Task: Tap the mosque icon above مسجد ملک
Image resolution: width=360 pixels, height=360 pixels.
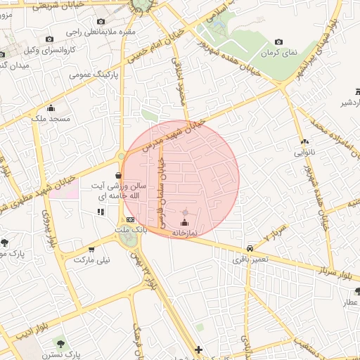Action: click(x=50, y=108)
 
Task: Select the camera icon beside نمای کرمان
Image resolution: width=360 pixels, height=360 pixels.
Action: click(x=279, y=42)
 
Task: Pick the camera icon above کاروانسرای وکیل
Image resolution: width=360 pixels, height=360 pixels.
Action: click(x=49, y=39)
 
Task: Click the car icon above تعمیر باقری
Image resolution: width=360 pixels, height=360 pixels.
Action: click(x=250, y=248)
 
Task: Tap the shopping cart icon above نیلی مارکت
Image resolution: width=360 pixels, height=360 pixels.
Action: click(x=91, y=250)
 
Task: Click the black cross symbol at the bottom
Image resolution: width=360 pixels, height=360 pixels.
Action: click(x=199, y=349)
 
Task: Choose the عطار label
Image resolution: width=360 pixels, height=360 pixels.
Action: click(x=350, y=302)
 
